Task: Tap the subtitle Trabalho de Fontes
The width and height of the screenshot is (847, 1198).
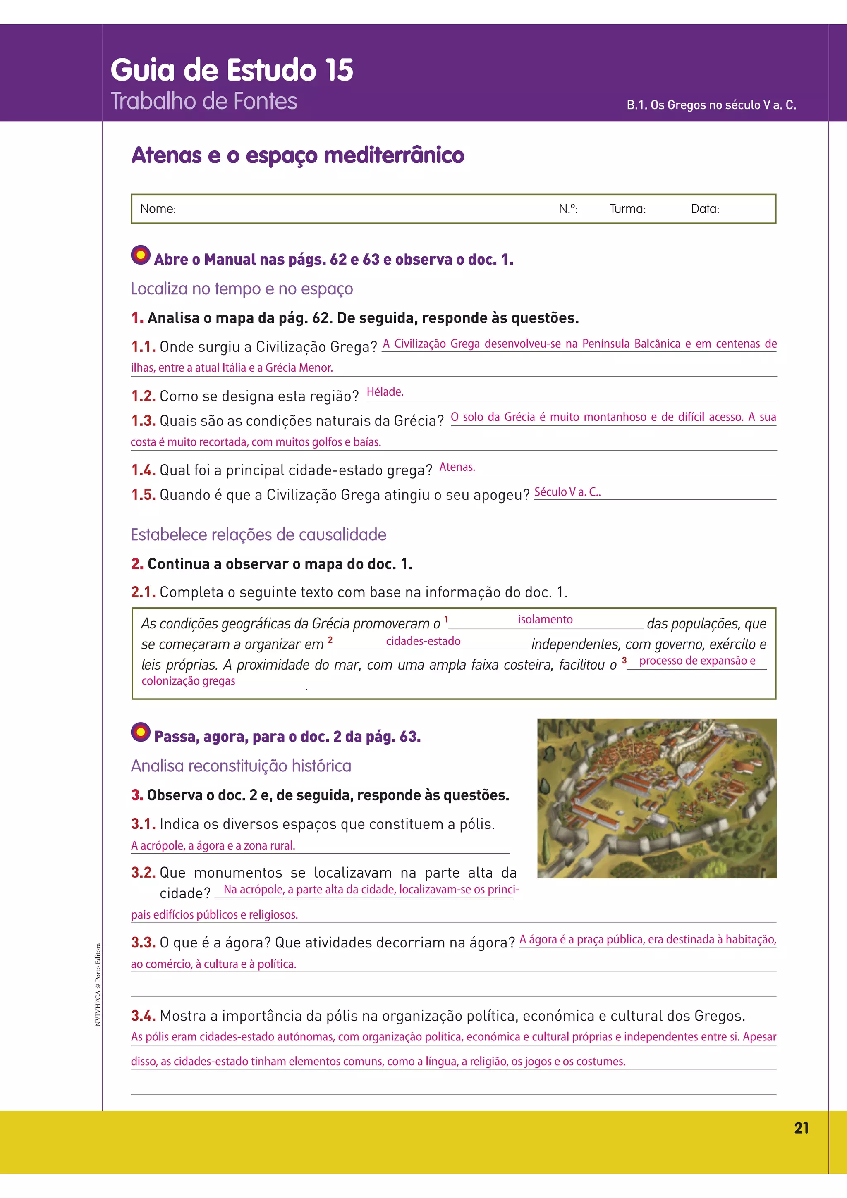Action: point(203,101)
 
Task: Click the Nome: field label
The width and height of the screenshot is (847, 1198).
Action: point(158,209)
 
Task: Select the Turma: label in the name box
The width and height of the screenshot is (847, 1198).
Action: point(627,209)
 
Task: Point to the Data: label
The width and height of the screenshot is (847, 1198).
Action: point(705,209)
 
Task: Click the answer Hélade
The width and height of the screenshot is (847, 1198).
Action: point(385,392)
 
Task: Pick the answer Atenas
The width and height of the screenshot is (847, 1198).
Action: point(457,467)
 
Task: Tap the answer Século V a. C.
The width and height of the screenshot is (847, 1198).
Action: point(567,492)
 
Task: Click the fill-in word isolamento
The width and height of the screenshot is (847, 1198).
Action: point(545,619)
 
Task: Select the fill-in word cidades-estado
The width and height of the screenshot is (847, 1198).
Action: point(423,641)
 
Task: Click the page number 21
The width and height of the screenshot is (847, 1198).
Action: point(801,1128)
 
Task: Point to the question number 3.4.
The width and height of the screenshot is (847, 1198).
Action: point(143,1016)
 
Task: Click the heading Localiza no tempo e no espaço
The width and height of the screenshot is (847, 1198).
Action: point(242,289)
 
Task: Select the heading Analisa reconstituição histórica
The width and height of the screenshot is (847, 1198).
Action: point(241,766)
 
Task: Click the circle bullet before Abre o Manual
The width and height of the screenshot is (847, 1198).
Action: point(140,255)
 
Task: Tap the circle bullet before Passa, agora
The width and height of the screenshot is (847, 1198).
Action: point(140,732)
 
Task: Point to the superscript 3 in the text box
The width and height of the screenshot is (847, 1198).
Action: point(624,661)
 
